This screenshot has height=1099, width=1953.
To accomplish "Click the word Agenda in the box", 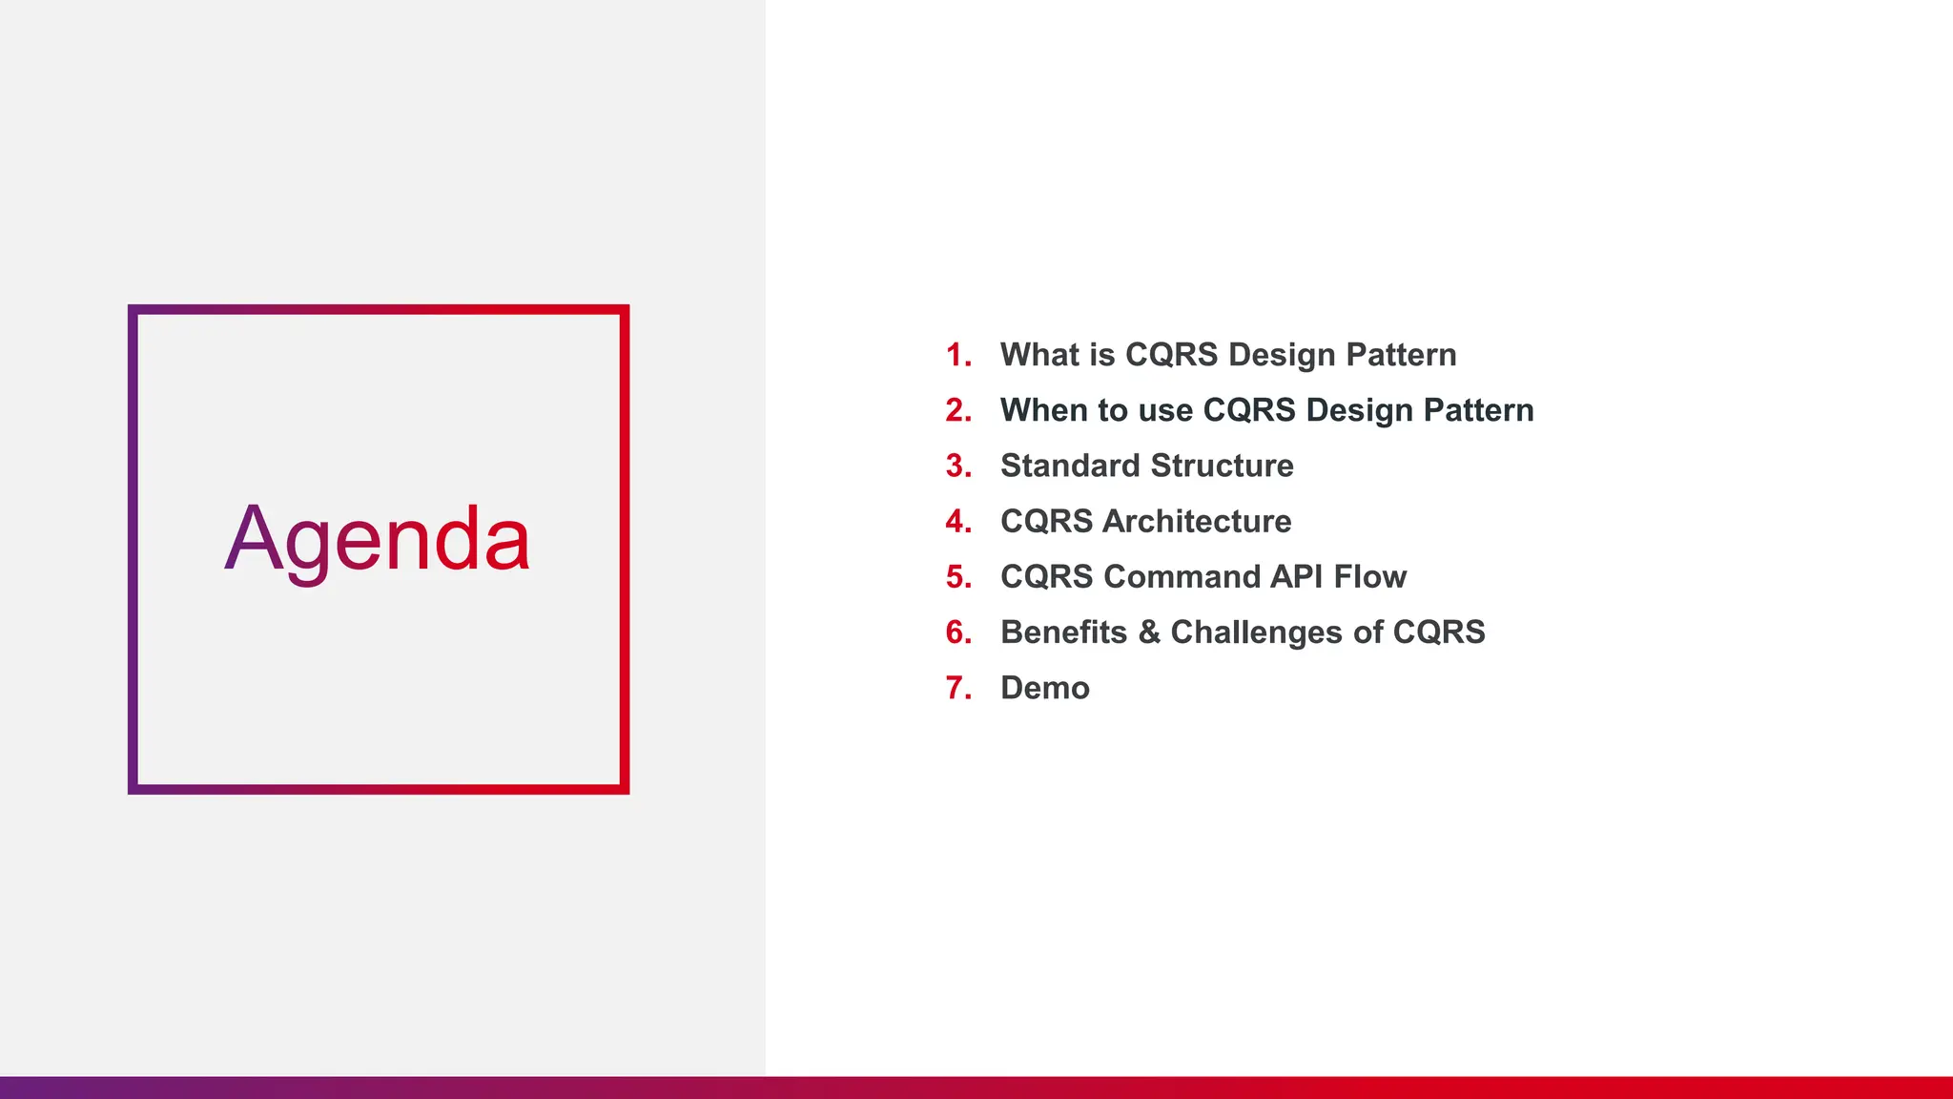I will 378,540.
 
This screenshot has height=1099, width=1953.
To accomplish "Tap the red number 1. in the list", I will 958,355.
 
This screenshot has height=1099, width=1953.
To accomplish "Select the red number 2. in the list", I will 958,410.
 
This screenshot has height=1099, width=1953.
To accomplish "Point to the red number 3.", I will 958,466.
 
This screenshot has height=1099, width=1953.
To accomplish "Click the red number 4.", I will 958,522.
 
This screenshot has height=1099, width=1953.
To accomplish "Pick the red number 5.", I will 958,577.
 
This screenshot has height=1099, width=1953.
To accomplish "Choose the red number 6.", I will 958,632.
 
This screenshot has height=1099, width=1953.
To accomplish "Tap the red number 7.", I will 958,688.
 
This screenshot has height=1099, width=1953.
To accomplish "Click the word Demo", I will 1044,688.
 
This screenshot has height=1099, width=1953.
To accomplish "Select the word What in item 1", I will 1040,355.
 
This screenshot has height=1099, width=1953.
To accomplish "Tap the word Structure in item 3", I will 1222,466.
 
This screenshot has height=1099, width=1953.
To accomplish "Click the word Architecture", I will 1197,522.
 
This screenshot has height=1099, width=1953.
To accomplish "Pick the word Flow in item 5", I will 1370,577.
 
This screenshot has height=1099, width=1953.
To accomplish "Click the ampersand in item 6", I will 1149,632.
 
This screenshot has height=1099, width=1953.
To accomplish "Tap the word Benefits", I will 1063,632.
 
